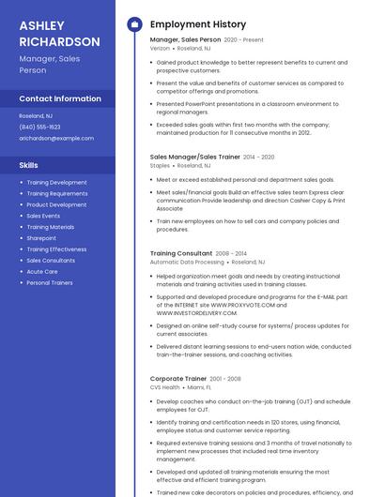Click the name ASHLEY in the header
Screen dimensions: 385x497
41,25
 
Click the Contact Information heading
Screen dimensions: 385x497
60,98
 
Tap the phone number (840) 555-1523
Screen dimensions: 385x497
39,127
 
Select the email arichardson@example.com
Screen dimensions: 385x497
56,138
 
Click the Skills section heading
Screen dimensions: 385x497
28,165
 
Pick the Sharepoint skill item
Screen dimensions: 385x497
41,238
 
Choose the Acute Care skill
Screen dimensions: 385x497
42,271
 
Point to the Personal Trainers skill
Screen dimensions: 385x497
50,282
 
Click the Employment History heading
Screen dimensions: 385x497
197,24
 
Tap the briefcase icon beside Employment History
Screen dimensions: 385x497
134,24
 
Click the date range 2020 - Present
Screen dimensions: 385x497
244,40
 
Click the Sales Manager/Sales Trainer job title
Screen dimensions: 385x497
194,157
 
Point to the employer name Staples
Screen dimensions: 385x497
160,165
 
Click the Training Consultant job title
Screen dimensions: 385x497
181,253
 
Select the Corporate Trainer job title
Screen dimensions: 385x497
178,379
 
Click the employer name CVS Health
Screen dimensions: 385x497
164,387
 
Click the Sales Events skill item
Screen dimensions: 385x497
43,216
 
